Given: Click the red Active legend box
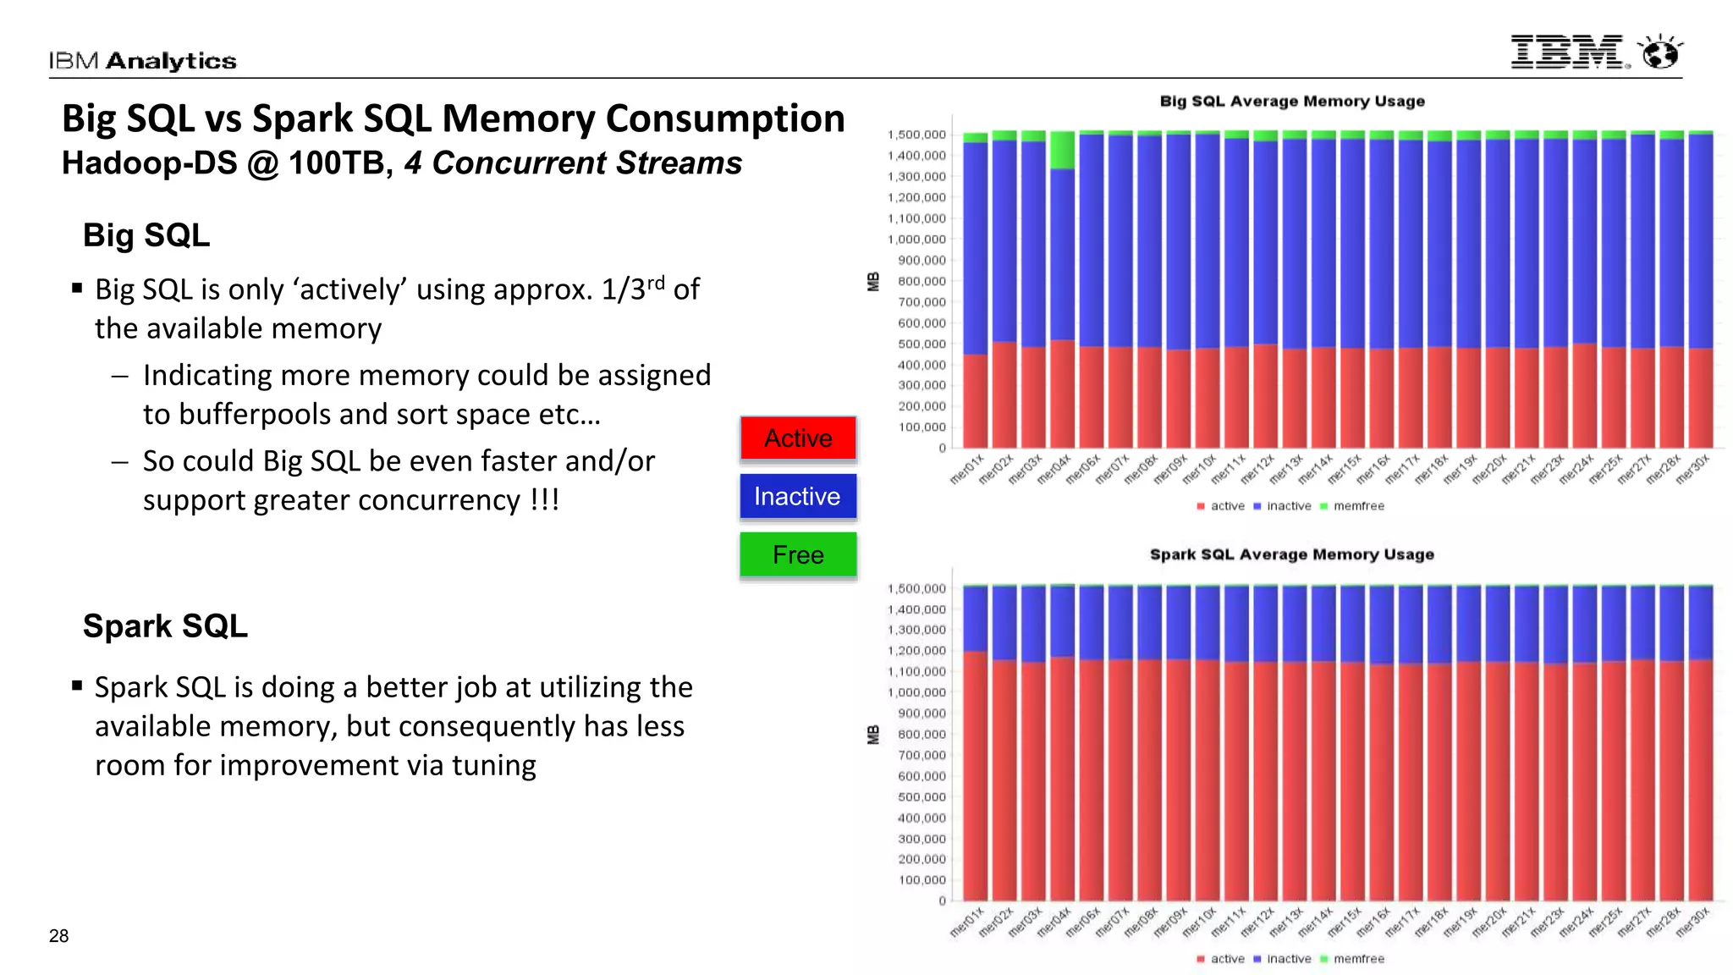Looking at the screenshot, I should tap(798, 438).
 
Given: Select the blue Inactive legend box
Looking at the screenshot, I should tap(798, 496).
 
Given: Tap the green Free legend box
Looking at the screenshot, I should tap(798, 554).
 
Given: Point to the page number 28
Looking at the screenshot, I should tap(58, 935).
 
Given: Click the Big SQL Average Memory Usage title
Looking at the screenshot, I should tap(1291, 102).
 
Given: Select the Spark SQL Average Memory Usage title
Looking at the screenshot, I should tap(1291, 554).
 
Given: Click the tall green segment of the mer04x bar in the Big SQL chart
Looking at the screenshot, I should tap(1062, 151).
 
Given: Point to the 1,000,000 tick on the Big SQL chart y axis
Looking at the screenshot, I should tap(917, 240).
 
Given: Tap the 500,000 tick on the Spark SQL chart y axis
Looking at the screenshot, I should tap(922, 797).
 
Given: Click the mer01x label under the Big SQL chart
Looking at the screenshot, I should tap(967, 469).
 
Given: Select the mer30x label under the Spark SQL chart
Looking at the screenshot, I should tap(1693, 922).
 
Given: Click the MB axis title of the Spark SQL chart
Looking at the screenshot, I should tap(873, 735).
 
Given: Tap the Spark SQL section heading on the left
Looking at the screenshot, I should tap(165, 626).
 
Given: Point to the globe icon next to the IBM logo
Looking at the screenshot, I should tap(1660, 52).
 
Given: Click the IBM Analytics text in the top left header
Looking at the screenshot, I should tap(142, 61).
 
